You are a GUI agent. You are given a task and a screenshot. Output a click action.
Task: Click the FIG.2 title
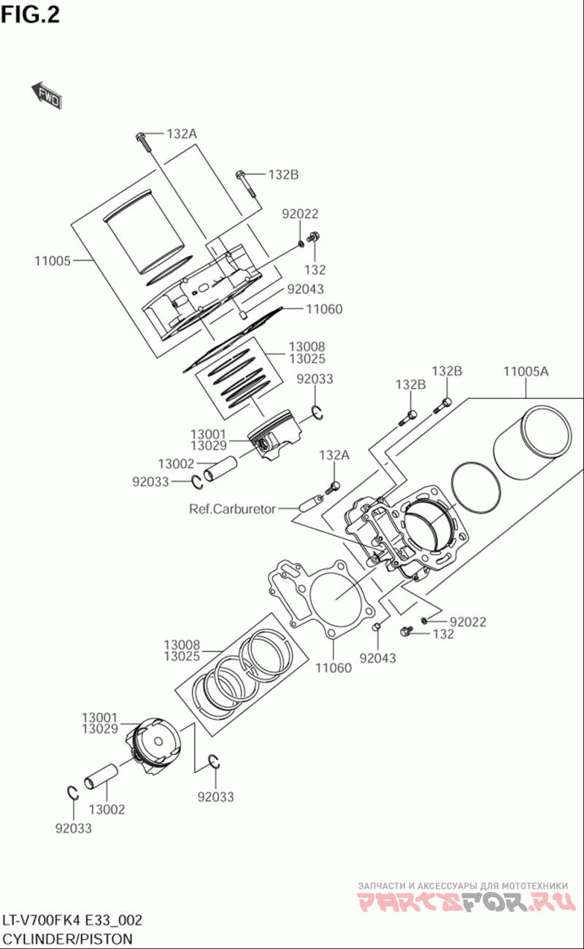[31, 15]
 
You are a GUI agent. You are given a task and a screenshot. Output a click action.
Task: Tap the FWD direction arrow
[46, 94]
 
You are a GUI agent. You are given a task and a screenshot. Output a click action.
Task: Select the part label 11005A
[526, 371]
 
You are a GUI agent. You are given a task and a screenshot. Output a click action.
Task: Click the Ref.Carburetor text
[232, 508]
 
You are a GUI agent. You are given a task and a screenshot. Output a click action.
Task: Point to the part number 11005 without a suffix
[52, 260]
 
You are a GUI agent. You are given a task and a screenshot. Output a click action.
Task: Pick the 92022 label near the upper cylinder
[301, 214]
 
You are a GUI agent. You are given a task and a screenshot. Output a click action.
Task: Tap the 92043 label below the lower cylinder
[377, 658]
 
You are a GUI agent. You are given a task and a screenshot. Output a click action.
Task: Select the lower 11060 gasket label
[333, 667]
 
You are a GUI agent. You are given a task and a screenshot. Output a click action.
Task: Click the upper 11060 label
[323, 309]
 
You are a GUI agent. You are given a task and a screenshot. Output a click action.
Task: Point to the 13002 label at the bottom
[107, 809]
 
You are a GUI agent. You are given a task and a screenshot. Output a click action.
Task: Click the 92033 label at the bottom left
[73, 828]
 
